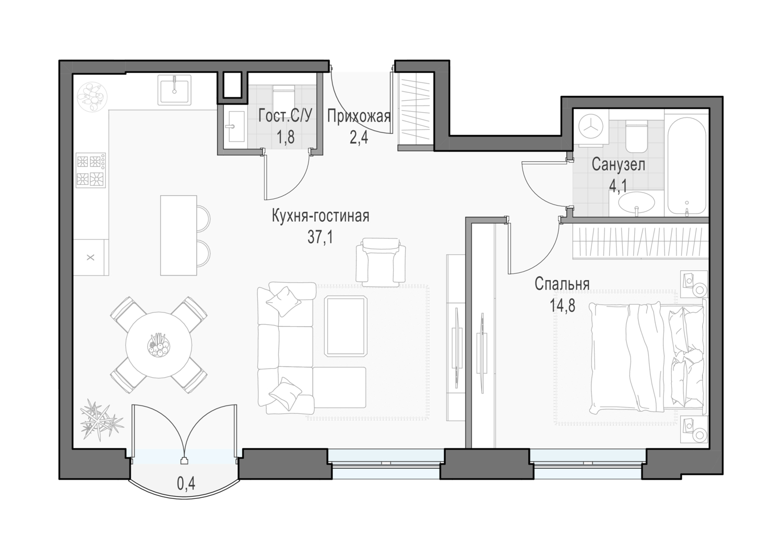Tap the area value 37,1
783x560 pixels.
[x=320, y=237]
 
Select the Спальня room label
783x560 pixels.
[x=562, y=284]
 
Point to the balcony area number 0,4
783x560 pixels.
[x=186, y=484]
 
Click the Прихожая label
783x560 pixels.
[x=359, y=116]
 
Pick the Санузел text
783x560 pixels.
[x=619, y=164]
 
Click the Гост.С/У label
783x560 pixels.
[x=285, y=116]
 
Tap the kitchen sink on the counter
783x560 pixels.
[x=175, y=90]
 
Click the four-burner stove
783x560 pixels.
[x=91, y=170]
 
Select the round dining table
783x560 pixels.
[x=159, y=344]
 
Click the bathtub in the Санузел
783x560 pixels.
[x=687, y=165]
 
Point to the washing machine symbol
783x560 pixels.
[x=591, y=128]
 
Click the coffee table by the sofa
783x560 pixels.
[x=346, y=326]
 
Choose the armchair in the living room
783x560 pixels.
[x=381, y=260]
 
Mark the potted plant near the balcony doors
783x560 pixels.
[x=101, y=420]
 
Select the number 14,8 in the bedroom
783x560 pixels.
[x=562, y=305]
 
